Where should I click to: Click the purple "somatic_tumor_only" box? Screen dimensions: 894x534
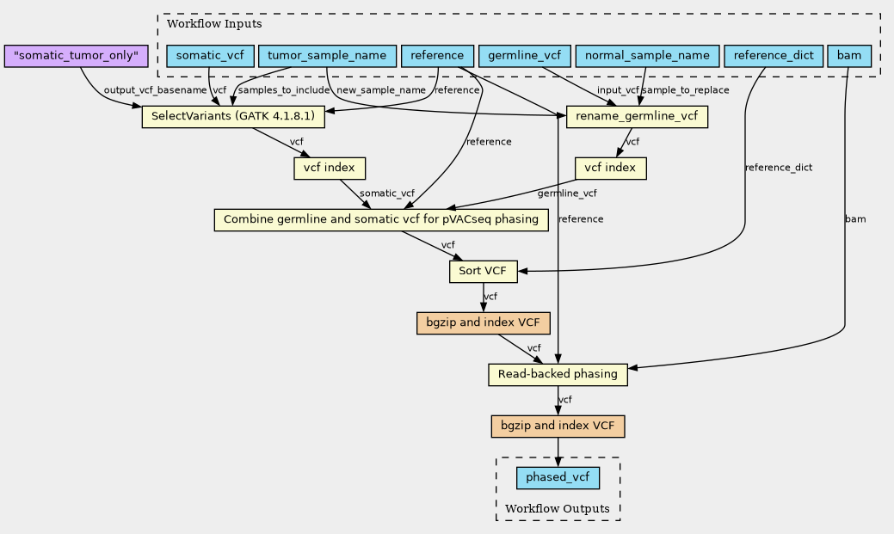pyautogui.click(x=76, y=56)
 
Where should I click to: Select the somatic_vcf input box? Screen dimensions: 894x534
pyautogui.click(x=211, y=56)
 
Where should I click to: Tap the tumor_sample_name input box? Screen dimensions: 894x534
pyautogui.click(x=327, y=56)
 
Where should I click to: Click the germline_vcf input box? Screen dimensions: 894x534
pyautogui.click(x=525, y=56)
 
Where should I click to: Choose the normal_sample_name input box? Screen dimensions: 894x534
pyautogui.click(x=647, y=56)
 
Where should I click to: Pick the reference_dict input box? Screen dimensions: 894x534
pyautogui.click(x=774, y=56)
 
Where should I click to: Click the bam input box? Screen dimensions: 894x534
pyautogui.click(x=849, y=56)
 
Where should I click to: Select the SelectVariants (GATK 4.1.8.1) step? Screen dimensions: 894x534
pyautogui.click(x=233, y=117)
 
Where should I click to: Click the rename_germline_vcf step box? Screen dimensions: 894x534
pyautogui.click(x=637, y=117)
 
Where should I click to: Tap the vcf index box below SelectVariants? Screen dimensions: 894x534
pyautogui.click(x=330, y=169)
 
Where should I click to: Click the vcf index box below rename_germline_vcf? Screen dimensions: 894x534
pyautogui.click(x=611, y=169)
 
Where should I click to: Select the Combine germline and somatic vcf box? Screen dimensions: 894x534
pyautogui.click(x=381, y=220)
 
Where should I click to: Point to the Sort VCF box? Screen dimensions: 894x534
pyautogui.click(x=484, y=271)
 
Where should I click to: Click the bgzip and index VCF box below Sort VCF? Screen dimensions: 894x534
pyautogui.click(x=484, y=323)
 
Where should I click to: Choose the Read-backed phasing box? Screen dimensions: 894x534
pyautogui.click(x=558, y=375)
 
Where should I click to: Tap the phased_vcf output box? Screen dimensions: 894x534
pyautogui.click(x=558, y=478)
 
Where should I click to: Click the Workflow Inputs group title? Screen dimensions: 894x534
pyautogui.click(x=214, y=24)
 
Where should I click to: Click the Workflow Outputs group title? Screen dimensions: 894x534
pyautogui.click(x=558, y=509)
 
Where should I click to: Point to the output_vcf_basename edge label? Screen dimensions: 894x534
pyautogui.click(x=155, y=90)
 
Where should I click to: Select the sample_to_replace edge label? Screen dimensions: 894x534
pyautogui.click(x=686, y=90)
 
